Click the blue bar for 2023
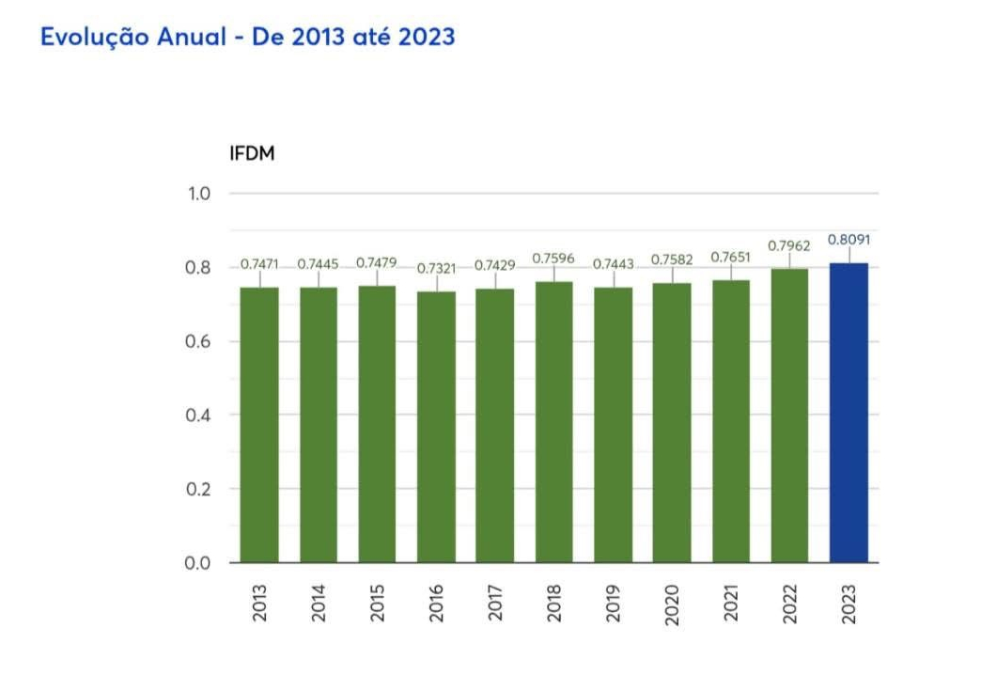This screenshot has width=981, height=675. click(849, 413)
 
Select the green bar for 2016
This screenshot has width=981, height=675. click(436, 427)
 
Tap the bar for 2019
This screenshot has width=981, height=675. click(613, 425)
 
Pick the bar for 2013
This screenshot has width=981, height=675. click(259, 425)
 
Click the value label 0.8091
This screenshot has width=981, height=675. click(849, 240)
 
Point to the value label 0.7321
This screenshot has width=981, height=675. click(436, 269)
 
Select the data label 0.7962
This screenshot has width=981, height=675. click(789, 246)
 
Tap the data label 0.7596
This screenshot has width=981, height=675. click(553, 258)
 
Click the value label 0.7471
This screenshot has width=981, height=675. click(259, 264)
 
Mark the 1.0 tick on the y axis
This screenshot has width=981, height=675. click(197, 194)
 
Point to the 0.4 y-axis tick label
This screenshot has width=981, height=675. click(197, 416)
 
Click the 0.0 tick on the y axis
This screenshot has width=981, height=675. click(197, 563)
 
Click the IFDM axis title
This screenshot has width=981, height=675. click(252, 154)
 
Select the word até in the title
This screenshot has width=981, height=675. click(357, 38)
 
